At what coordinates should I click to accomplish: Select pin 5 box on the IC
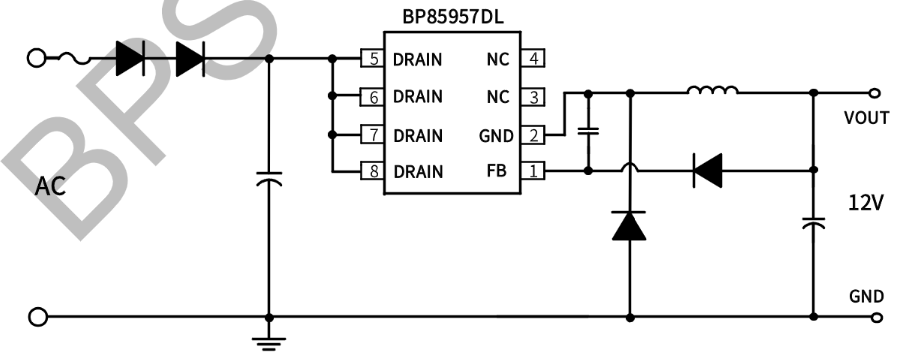click(x=374, y=59)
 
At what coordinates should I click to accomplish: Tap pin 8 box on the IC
click(x=374, y=171)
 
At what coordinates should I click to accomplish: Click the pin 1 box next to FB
click(x=535, y=171)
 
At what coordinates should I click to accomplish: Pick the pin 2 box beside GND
click(x=535, y=134)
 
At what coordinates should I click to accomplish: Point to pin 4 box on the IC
click(x=535, y=59)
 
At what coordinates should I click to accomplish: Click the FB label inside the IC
click(x=497, y=171)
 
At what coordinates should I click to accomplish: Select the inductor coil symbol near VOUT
click(x=712, y=93)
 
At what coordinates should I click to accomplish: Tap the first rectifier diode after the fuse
click(x=130, y=59)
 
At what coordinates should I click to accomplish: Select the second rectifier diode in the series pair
click(x=189, y=59)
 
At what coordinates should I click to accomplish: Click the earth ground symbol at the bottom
click(x=267, y=343)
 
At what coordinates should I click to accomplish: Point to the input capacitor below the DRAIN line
click(x=267, y=180)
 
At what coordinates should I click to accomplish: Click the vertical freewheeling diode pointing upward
click(x=629, y=227)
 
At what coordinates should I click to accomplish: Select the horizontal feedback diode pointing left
click(x=707, y=171)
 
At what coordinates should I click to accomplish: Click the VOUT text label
click(x=866, y=118)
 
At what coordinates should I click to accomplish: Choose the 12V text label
click(x=865, y=203)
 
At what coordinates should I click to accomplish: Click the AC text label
click(x=50, y=187)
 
